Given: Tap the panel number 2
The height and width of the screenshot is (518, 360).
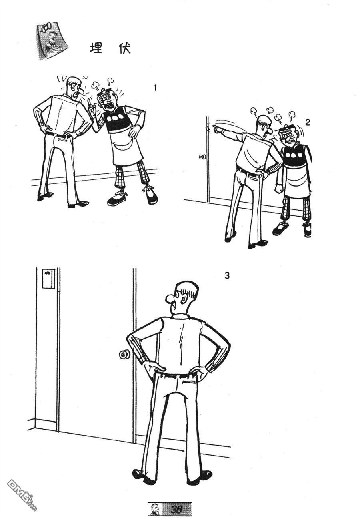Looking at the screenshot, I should point(307,123).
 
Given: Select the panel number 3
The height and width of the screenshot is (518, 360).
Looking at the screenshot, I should point(227,275).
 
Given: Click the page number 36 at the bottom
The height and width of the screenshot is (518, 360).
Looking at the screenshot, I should point(176,509).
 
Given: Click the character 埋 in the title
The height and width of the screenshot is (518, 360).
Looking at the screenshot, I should point(96,48).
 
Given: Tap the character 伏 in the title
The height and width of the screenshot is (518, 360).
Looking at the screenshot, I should point(124,48).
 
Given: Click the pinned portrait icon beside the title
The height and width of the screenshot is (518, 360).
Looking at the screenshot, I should point(52,40).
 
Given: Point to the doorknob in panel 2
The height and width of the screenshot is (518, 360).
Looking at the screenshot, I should point(203,157).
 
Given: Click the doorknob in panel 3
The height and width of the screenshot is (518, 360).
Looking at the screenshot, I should point(124,355).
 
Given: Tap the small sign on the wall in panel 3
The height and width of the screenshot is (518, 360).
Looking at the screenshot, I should point(48,278).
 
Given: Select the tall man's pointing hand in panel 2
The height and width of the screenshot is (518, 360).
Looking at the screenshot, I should point(216,129).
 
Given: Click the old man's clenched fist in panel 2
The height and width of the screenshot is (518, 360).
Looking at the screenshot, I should point(279,189).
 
